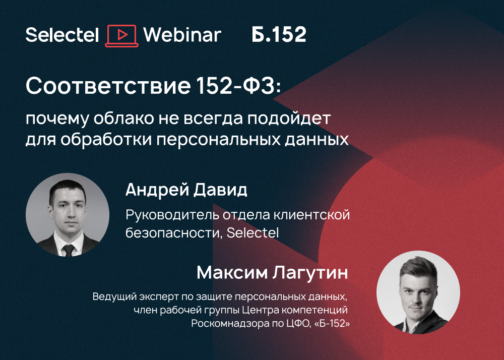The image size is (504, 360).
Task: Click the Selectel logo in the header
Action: [62, 35]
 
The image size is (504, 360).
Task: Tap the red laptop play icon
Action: [122, 36]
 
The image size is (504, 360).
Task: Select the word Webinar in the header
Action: [182, 35]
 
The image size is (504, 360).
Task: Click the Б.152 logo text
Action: [279, 34]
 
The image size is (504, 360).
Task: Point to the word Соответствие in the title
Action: [108, 86]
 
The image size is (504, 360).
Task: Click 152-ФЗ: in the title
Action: [238, 86]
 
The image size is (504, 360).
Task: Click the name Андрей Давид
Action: [186, 190]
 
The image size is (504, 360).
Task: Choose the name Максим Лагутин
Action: [272, 273]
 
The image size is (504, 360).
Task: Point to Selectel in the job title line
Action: [253, 233]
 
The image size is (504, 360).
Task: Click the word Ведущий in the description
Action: [115, 296]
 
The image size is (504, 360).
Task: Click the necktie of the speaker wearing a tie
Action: [69, 250]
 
